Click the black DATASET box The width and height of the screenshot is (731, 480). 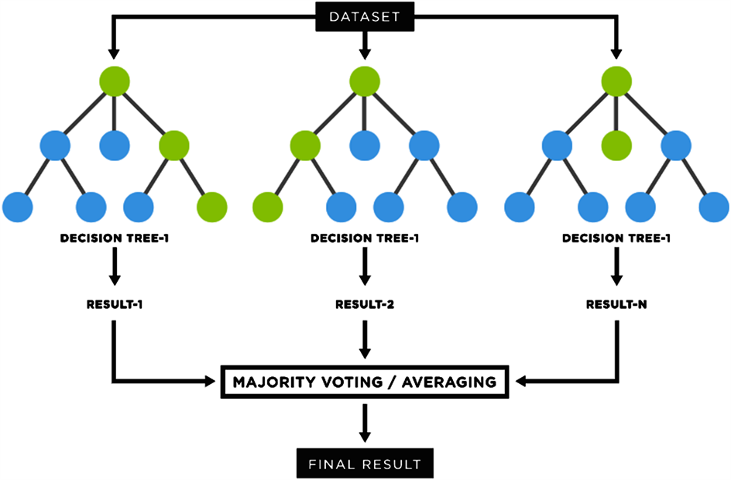pos(365,15)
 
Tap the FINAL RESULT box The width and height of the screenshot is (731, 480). pos(365,464)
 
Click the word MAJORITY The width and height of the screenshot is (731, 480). pos(269,381)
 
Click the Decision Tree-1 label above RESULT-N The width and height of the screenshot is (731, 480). pos(616,238)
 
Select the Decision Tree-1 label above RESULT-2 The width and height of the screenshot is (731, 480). pos(365,238)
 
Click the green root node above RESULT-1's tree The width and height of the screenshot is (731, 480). pos(114,81)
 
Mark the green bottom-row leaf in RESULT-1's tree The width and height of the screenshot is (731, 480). pos(211,206)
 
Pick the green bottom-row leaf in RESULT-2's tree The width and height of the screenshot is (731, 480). pos(269,206)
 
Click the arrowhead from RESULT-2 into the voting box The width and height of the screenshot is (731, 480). pos(365,352)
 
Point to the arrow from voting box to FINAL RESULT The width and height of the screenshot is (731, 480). pos(365,424)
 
